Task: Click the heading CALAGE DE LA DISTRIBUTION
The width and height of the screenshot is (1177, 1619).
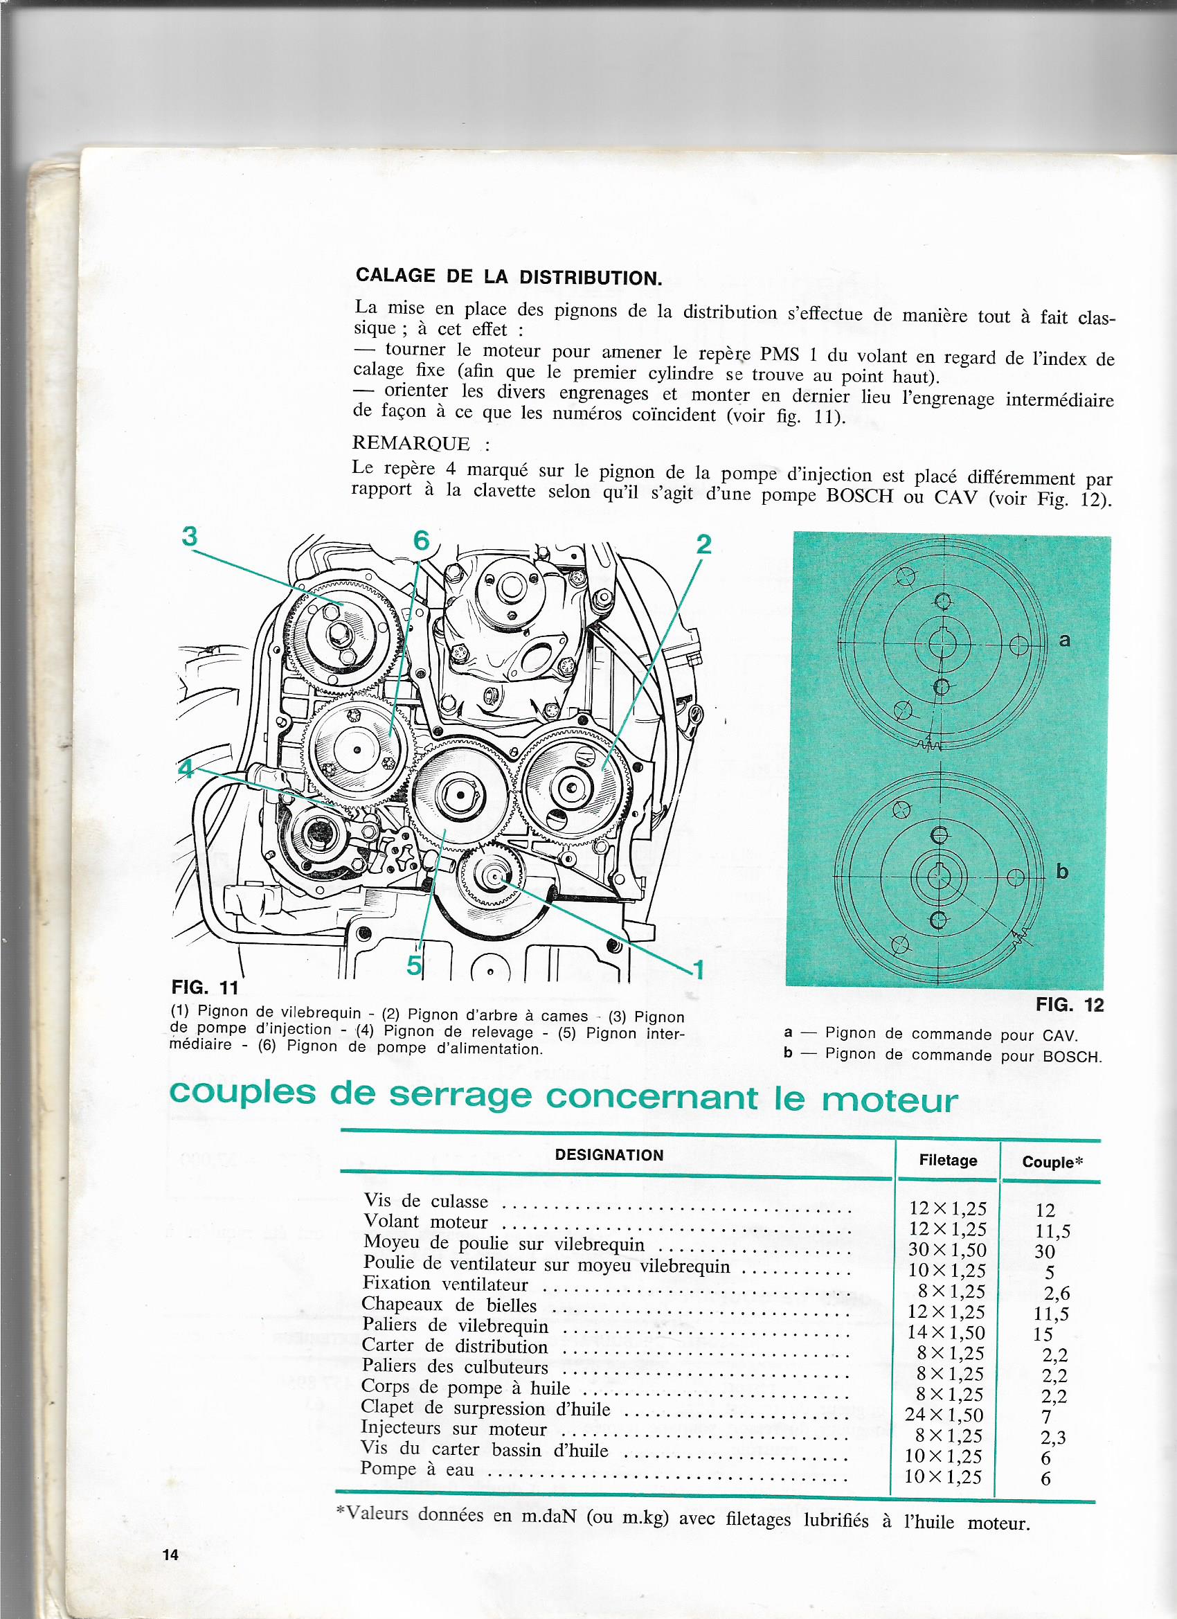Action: click(x=509, y=276)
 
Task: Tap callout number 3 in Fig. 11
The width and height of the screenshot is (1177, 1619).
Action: click(x=189, y=536)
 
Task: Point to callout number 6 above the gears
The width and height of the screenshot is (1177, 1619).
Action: click(x=421, y=540)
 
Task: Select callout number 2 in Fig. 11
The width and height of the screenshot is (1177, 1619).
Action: click(x=703, y=545)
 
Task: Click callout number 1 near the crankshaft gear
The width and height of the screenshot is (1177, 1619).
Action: click(x=699, y=969)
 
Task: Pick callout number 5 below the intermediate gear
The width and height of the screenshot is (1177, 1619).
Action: click(x=414, y=966)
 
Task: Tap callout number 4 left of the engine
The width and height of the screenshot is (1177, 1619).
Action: click(x=186, y=770)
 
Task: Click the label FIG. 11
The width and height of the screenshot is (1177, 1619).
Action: click(x=205, y=989)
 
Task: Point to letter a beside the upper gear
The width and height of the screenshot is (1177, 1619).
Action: click(x=1064, y=641)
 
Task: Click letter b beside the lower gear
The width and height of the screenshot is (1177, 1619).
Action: click(x=1062, y=871)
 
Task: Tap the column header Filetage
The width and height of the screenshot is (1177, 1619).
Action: click(x=948, y=1161)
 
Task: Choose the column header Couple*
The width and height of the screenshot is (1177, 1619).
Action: click(x=1053, y=1162)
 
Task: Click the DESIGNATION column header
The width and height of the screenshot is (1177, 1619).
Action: click(x=609, y=1155)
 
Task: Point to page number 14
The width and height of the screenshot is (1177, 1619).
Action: click(x=170, y=1555)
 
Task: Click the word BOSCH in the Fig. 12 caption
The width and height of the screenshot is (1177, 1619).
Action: click(x=1072, y=1057)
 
